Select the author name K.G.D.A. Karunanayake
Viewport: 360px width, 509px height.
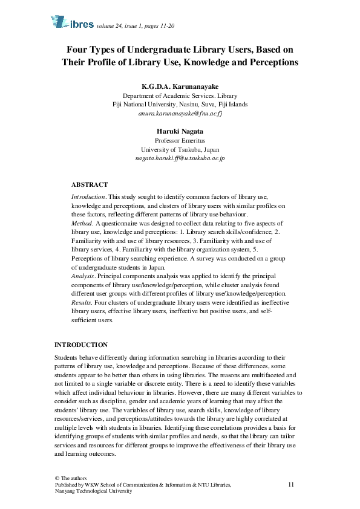click(180, 86)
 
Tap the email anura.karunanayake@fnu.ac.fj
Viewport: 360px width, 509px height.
click(180, 113)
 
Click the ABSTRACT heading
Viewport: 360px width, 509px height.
click(90, 184)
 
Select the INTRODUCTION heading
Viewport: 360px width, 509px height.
click(81, 345)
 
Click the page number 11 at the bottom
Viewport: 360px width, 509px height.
click(292, 484)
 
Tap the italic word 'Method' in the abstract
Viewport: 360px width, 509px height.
click(81, 224)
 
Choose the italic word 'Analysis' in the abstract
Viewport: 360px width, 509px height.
click(83, 276)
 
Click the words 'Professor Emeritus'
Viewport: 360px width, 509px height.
click(180, 140)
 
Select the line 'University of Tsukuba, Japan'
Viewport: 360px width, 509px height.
click(180, 149)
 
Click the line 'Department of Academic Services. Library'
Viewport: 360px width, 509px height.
click(180, 96)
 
